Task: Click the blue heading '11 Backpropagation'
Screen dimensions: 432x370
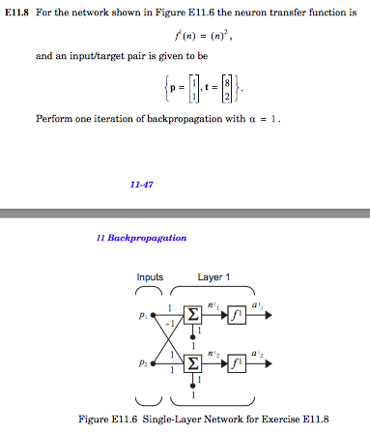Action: tap(148, 237)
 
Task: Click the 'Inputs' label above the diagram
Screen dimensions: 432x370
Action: tap(150, 277)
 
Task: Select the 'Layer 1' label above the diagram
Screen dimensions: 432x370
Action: tap(213, 277)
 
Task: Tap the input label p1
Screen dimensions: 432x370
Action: tap(143, 316)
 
